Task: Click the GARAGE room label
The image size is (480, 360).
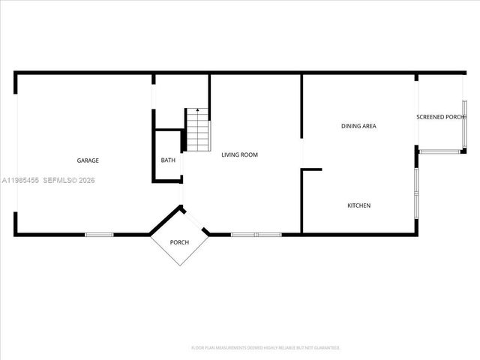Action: (x=88, y=160)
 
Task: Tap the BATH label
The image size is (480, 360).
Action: (x=168, y=160)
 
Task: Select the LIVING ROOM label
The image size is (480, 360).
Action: (x=239, y=155)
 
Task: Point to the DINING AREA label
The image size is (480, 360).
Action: (x=358, y=126)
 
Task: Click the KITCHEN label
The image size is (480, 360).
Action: (x=358, y=205)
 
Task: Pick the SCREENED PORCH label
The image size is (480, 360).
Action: (x=441, y=117)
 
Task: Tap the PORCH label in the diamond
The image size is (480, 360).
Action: (x=179, y=241)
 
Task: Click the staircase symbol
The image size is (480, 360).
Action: (x=197, y=129)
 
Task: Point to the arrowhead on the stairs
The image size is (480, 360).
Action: (x=197, y=110)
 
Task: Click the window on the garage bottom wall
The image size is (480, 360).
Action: (x=99, y=235)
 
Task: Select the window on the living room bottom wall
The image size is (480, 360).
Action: (x=256, y=235)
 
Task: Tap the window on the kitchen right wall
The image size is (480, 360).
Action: (x=416, y=191)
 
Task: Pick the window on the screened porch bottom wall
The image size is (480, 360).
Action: (x=441, y=152)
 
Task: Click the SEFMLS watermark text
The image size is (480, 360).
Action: (x=69, y=180)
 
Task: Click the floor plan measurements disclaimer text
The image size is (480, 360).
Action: (x=265, y=348)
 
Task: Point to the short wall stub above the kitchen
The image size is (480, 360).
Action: (x=311, y=169)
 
